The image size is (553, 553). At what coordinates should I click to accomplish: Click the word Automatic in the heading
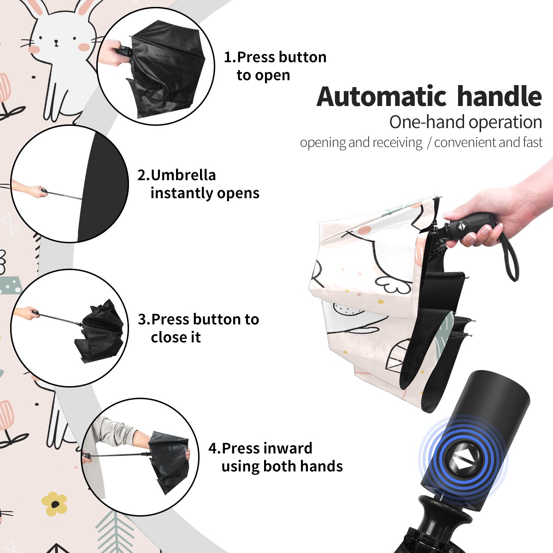382,97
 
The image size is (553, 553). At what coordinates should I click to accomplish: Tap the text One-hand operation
465,123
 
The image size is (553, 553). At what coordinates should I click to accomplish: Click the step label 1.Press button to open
275,66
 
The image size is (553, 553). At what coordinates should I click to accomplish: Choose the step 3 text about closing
198,328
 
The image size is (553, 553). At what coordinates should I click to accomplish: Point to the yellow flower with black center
54,504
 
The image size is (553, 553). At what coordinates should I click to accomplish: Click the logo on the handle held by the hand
462,226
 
